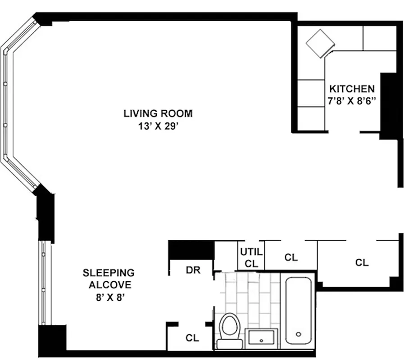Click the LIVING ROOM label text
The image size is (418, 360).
158,113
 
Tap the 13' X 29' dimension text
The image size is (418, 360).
158,126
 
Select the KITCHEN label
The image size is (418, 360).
351,88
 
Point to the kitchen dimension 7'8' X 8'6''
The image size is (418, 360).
351,101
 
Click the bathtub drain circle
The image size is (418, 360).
298,334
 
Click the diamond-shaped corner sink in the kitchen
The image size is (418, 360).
320,44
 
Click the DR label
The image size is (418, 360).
192,270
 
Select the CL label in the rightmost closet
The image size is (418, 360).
362,262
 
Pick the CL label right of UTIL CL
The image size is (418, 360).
291,257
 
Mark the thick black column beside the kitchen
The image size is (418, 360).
388,106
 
